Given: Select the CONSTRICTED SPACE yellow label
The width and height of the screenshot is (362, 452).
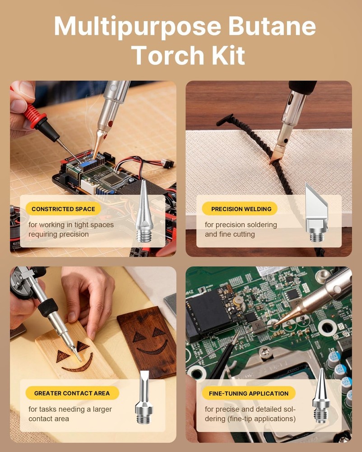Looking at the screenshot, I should (63, 209).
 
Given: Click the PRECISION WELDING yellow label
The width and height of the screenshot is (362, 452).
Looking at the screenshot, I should (241, 209).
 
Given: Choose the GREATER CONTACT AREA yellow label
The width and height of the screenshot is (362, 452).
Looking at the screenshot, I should (72, 393).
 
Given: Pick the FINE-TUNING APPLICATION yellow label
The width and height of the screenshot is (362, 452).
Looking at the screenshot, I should (248, 393).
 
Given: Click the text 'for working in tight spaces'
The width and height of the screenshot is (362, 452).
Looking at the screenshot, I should (71, 225).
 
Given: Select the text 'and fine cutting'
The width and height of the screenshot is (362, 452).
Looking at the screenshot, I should (230, 234).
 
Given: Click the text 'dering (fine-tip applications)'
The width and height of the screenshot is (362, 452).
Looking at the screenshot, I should (250, 419).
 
